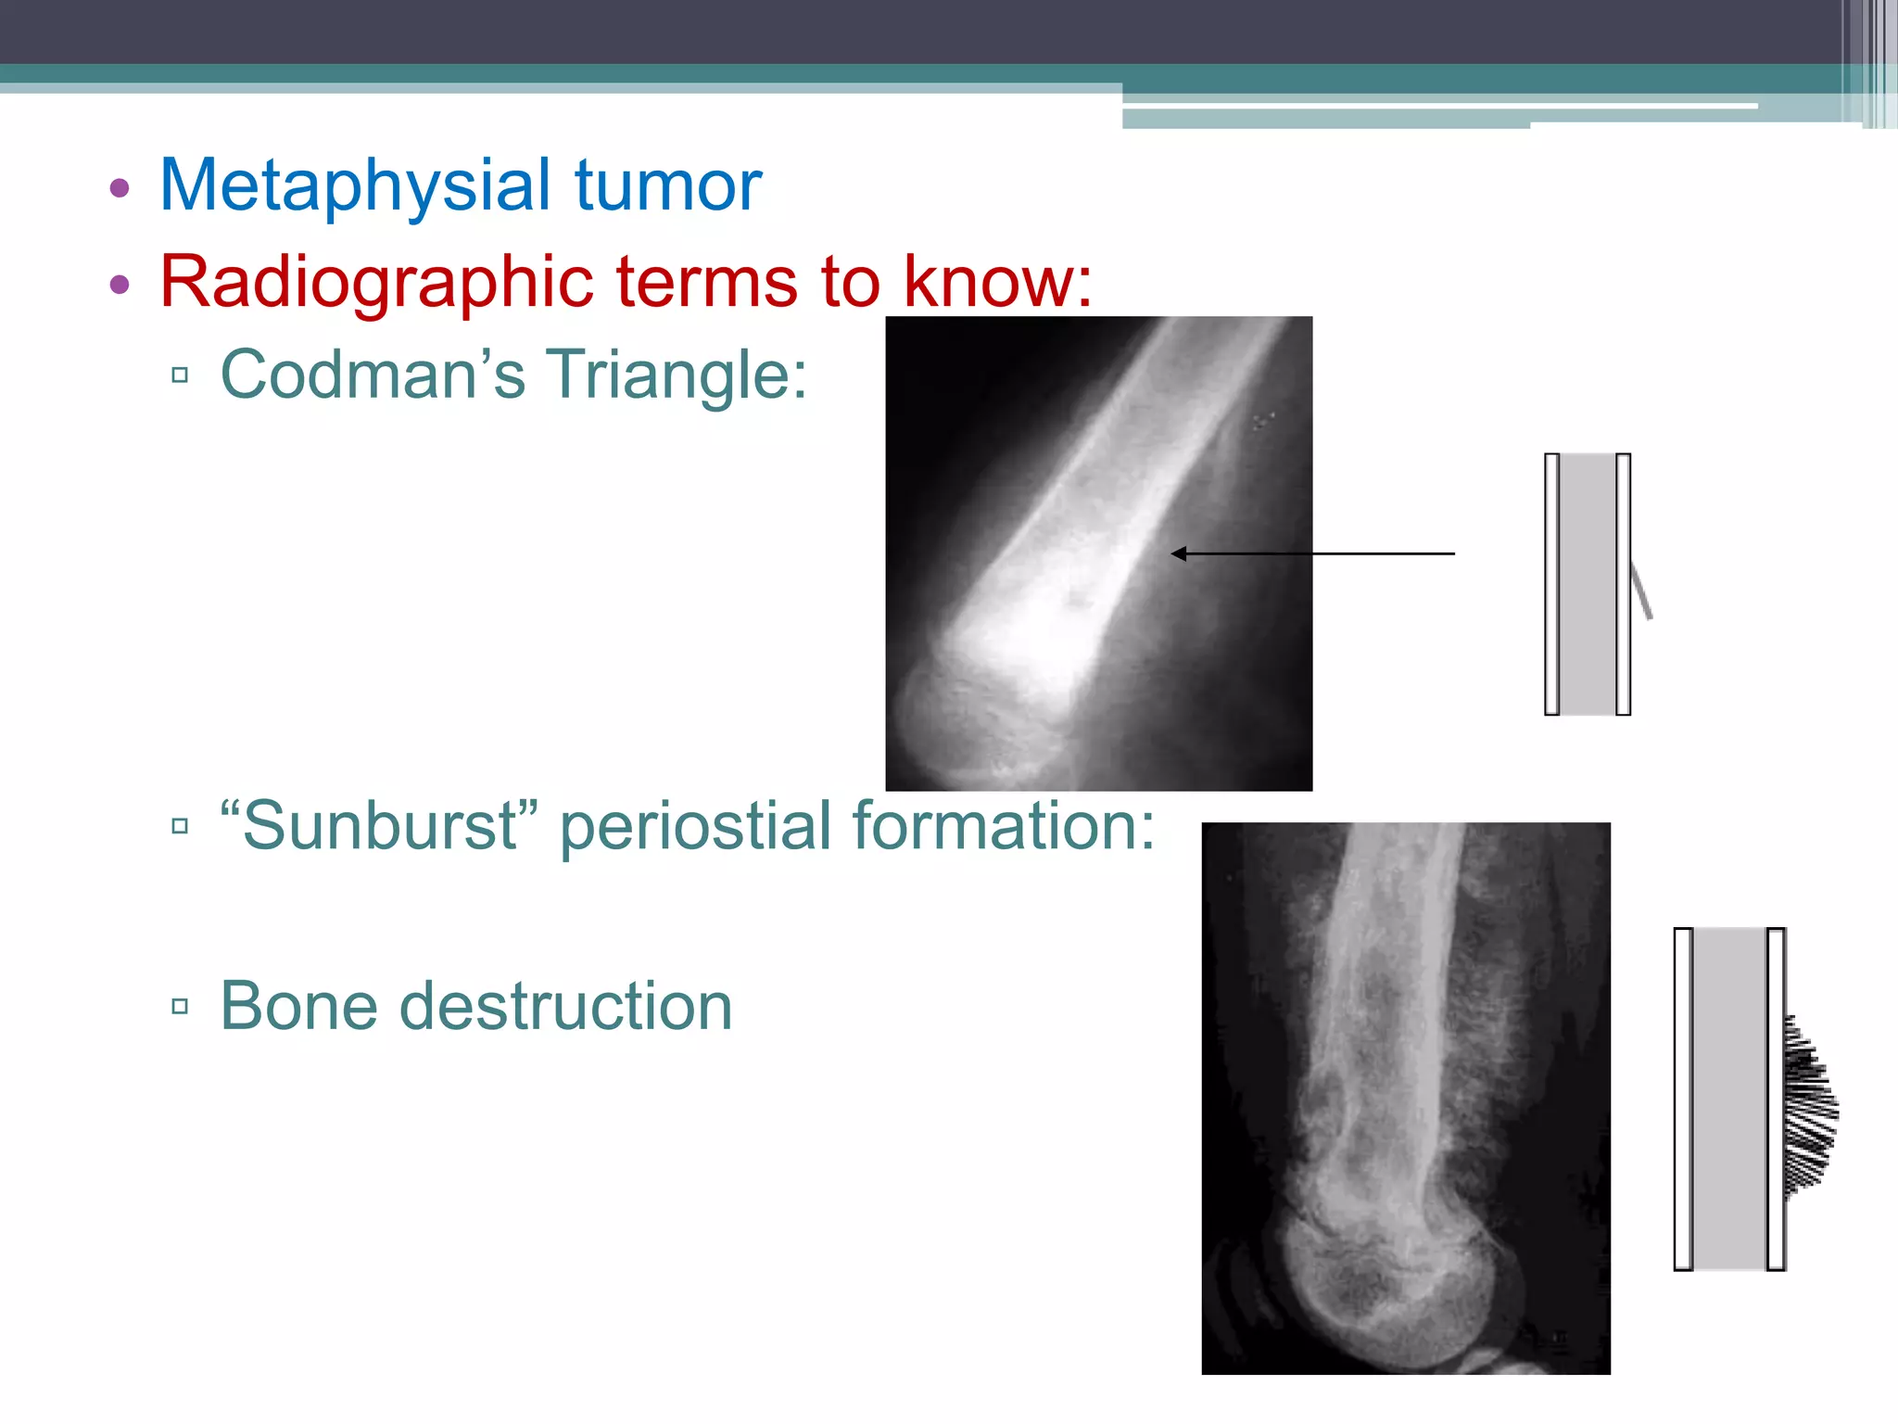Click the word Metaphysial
tap(356, 185)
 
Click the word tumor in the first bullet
tap(667, 185)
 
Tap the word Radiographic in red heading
tap(375, 282)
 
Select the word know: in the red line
tap(997, 282)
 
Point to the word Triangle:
tap(677, 375)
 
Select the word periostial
tap(695, 825)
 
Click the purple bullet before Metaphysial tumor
tap(119, 188)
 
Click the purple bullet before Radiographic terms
tap(119, 285)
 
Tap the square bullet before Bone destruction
tap(180, 1007)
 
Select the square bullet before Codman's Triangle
tap(180, 375)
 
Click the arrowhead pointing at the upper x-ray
tap(1180, 553)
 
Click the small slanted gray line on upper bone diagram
tap(1641, 591)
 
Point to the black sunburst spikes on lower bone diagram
tap(1808, 1108)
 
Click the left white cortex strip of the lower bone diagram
tap(1683, 1099)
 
